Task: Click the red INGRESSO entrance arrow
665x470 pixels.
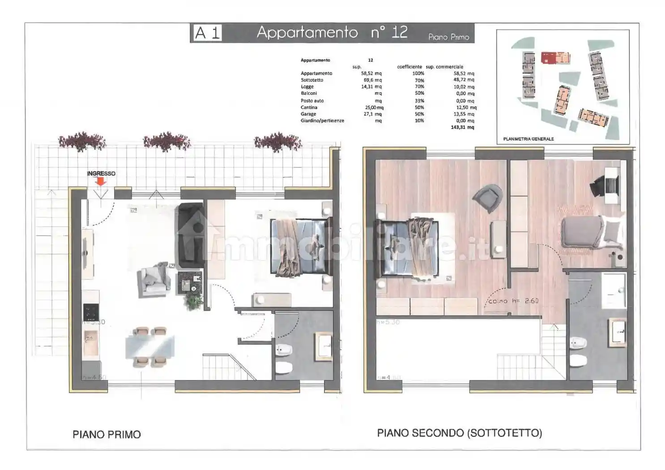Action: click(101, 181)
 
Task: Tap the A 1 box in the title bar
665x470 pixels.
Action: click(208, 33)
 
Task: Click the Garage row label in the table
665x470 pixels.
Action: click(308, 114)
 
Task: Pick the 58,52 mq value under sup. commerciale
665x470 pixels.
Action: click(464, 73)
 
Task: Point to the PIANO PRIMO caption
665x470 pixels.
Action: click(107, 434)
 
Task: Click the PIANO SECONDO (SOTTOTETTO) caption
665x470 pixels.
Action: click(459, 433)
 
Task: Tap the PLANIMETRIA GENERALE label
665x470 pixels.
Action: click(528, 139)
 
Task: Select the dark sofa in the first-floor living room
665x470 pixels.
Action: click(191, 235)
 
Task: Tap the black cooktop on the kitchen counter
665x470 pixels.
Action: click(91, 310)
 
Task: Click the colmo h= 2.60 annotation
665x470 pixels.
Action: click(513, 301)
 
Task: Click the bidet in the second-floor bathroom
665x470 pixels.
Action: click(579, 343)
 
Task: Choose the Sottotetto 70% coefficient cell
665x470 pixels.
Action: click(419, 80)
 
